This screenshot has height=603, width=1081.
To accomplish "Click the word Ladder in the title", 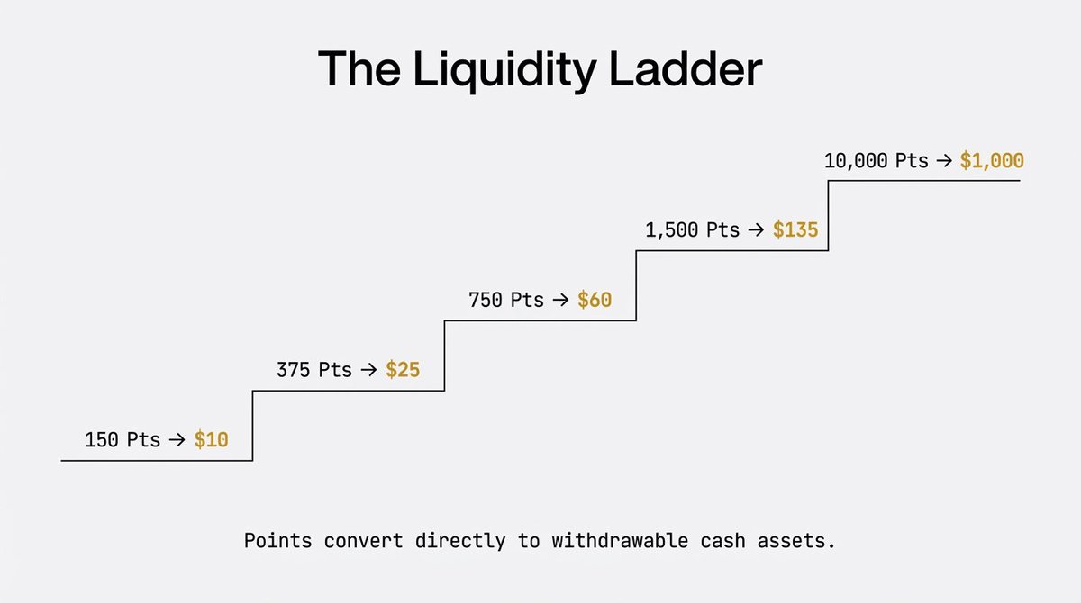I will click(686, 69).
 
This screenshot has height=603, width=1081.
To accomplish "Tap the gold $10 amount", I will click(212, 440).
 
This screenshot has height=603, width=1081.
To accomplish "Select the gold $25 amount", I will click(403, 369).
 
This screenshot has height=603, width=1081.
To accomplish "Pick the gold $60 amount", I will click(595, 300).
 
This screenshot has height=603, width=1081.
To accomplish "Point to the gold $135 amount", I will click(795, 229).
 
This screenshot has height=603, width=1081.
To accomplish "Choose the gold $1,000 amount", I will click(992, 161).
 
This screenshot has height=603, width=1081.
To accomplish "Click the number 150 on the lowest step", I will click(102, 440).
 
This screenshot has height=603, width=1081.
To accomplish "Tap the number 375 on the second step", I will click(293, 369).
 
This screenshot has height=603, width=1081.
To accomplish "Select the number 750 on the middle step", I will click(485, 300).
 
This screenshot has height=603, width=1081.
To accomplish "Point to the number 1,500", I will click(671, 229).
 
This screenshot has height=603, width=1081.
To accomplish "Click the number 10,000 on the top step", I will click(855, 161).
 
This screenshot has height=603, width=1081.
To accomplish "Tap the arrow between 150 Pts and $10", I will click(177, 440).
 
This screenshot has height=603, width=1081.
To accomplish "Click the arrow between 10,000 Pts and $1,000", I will click(943, 161).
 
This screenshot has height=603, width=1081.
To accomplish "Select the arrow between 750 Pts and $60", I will click(560, 300).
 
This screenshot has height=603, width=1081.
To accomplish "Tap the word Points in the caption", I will click(277, 543).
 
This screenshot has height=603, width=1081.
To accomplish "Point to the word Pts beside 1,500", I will click(722, 229).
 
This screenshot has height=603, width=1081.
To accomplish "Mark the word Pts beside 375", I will click(335, 369).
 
